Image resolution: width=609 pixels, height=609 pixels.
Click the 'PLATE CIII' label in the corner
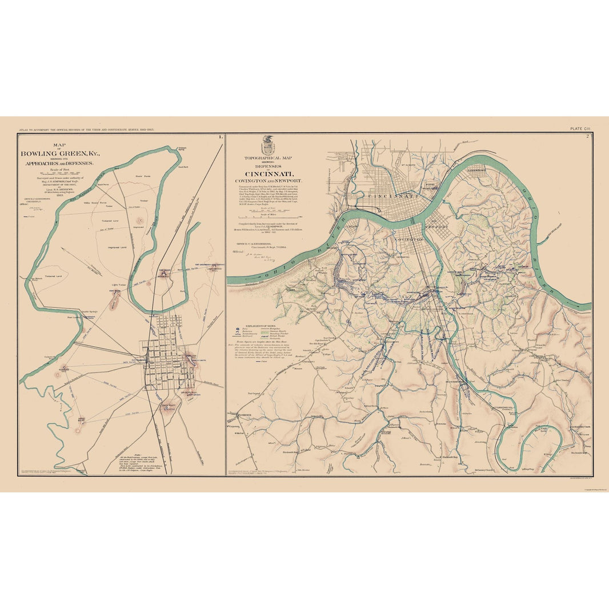tap(582, 129)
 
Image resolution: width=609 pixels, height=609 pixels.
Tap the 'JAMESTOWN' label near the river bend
tap(476, 170)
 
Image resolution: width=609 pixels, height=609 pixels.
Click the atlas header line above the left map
tap(86, 130)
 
